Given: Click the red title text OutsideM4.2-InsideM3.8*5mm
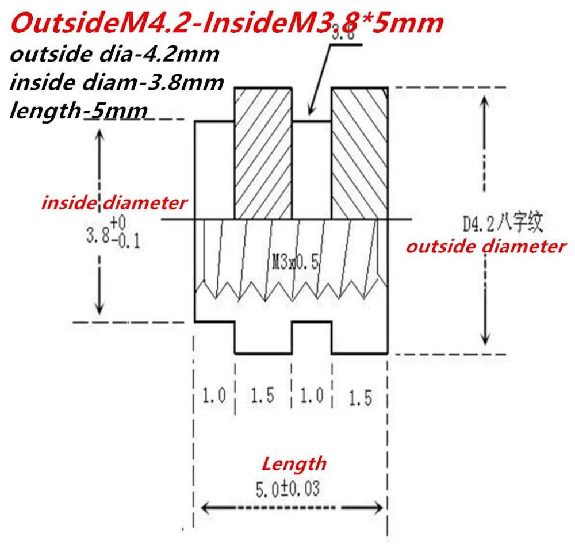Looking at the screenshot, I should pyautogui.click(x=227, y=24).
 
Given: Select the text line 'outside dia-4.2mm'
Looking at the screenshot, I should pyautogui.click(x=114, y=55).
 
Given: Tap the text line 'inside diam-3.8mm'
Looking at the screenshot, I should pyautogui.click(x=117, y=82).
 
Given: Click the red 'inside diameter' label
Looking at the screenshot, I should pyautogui.click(x=114, y=203).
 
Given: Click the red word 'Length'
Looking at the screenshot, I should pyautogui.click(x=294, y=463).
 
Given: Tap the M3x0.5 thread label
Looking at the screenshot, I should pyautogui.click(x=295, y=263).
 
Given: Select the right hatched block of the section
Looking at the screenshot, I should pyautogui.click(x=361, y=153).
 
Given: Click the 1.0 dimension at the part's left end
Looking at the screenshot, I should pyautogui.click(x=213, y=396).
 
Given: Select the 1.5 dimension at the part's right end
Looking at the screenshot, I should pyautogui.click(x=361, y=397).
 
